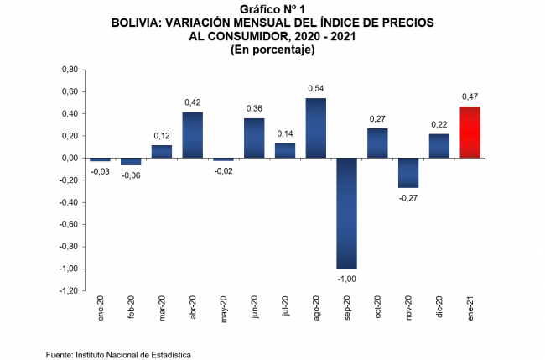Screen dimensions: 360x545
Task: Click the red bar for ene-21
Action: (470, 132)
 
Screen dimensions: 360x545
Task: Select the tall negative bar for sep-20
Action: (347, 212)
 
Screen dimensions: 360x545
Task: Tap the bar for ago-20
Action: (316, 128)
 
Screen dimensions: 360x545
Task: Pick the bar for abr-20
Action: (193, 134)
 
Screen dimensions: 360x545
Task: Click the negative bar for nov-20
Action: (408, 172)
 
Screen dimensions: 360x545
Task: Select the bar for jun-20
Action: (254, 138)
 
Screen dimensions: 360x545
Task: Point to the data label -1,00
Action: (347, 278)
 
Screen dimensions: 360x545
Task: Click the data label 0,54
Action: (316, 88)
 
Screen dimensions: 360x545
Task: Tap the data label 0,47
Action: (470, 97)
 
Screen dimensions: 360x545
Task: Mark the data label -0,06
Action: (131, 175)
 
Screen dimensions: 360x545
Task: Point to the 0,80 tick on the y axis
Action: (70, 70)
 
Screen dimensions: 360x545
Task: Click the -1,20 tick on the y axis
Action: (69, 291)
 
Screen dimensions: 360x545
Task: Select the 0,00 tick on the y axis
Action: (70, 158)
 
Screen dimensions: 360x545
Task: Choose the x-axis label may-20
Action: (224, 309)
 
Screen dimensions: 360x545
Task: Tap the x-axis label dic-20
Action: (439, 308)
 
